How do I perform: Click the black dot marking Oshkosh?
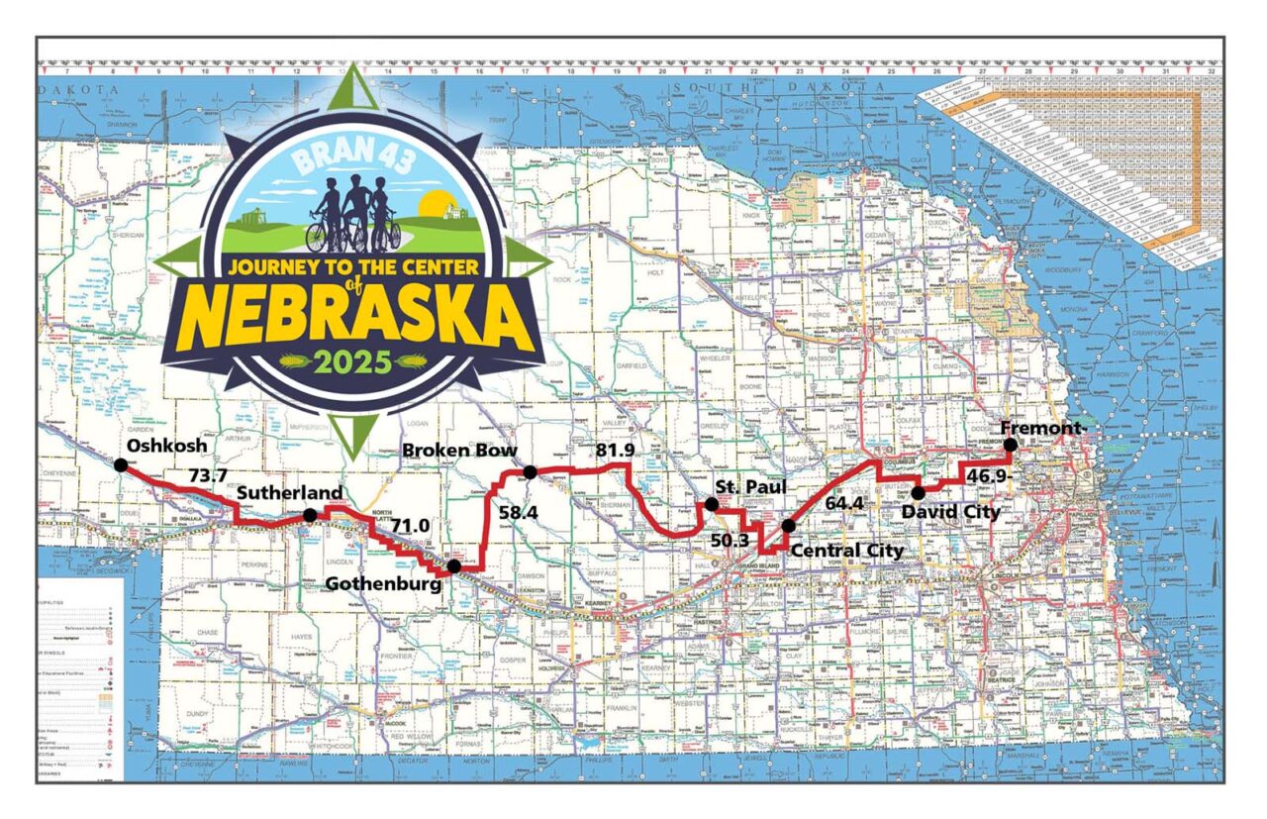click(120, 464)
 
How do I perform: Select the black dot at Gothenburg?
click(453, 566)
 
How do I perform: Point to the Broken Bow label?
click(458, 452)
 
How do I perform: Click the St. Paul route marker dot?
click(711, 504)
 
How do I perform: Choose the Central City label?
click(846, 551)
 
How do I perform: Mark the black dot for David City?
click(919, 492)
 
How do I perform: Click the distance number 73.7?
click(208, 476)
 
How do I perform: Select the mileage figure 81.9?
click(615, 452)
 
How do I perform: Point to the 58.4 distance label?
click(517, 513)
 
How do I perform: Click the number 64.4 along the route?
click(843, 503)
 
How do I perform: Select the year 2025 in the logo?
click(352, 360)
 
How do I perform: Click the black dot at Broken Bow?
click(530, 472)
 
